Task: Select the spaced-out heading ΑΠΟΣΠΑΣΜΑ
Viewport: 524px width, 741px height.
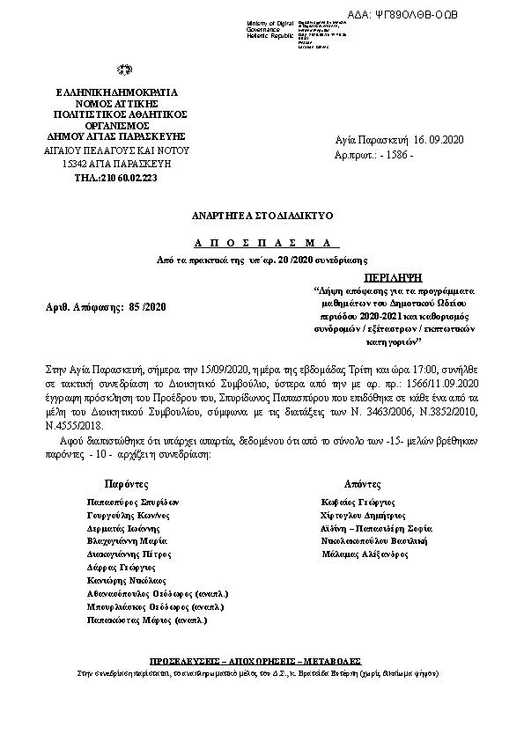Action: [261, 242]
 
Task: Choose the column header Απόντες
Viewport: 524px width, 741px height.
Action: [363, 484]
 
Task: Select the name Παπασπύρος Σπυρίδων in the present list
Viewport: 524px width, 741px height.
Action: [129, 500]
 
